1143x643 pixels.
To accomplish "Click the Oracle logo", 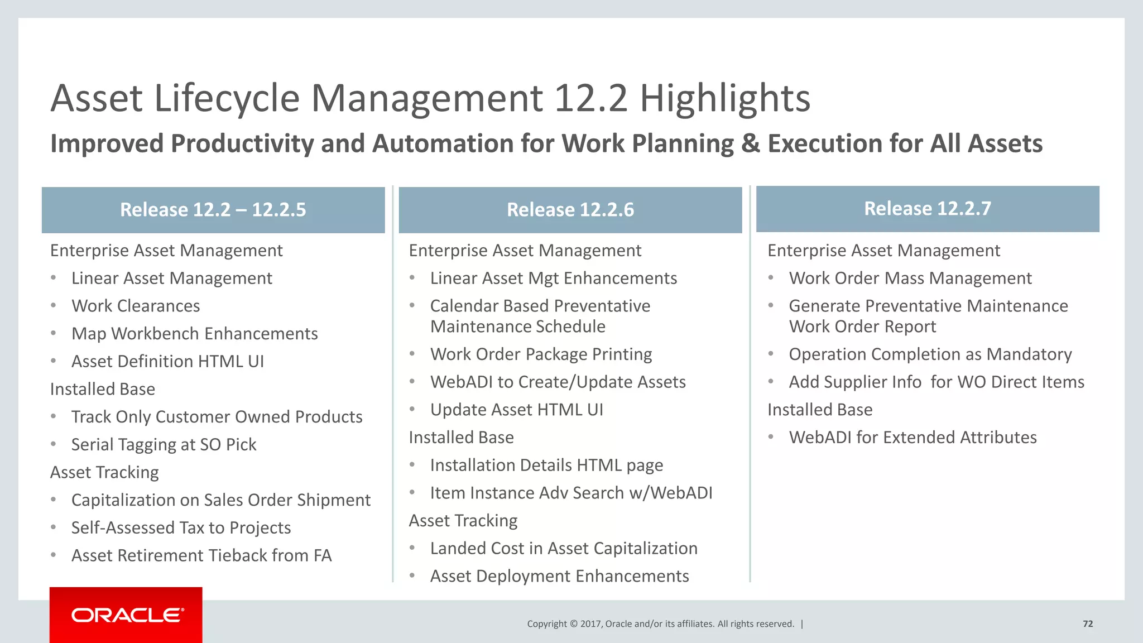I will [126, 615].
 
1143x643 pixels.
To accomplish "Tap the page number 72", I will [1087, 624].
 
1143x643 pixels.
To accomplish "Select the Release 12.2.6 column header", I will [570, 210].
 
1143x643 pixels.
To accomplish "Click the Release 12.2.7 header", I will [927, 209].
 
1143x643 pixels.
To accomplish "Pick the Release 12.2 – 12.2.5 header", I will [213, 210].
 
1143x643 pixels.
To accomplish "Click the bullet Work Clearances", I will [136, 306].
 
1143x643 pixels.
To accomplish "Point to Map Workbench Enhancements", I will [194, 334].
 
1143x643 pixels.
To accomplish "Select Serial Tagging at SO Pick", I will [164, 445].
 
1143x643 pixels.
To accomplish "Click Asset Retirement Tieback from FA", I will [201, 556].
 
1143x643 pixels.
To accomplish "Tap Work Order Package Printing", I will [541, 354].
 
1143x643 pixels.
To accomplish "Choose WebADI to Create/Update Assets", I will [558, 382].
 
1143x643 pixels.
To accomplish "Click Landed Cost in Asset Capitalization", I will [564, 549].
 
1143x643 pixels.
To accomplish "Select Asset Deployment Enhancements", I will [559, 576].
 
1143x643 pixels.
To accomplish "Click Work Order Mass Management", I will [910, 279].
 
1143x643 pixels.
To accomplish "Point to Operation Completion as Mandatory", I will [930, 354].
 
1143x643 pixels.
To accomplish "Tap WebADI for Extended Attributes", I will [913, 438].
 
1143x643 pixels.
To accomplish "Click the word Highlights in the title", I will [724, 98].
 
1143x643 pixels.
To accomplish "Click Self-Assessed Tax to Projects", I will [181, 528].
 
